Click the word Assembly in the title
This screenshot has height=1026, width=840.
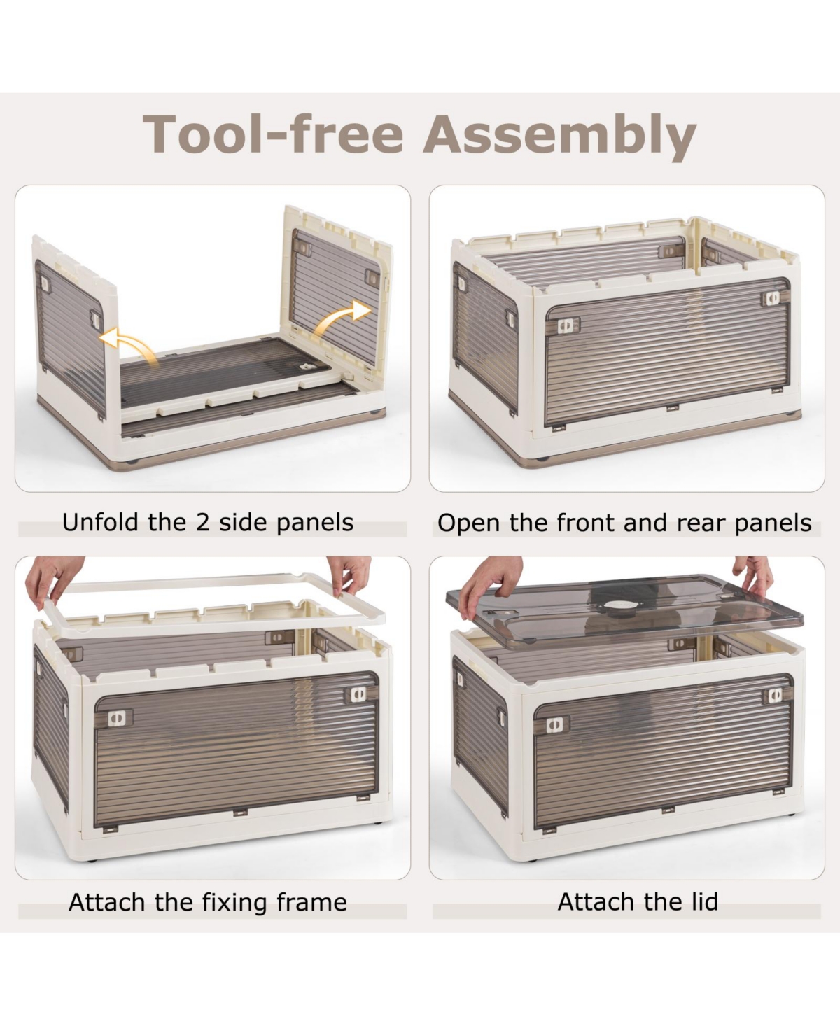[559, 134]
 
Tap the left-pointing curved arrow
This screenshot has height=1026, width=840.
[129, 344]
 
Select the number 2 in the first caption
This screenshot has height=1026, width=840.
[203, 523]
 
